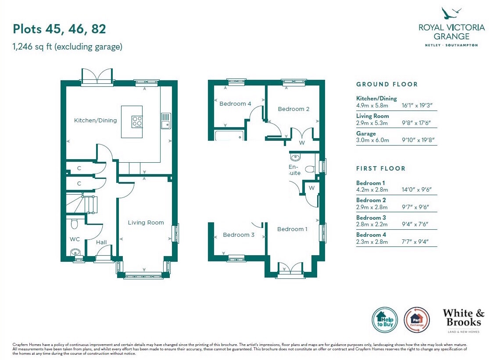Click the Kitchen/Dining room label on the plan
click(x=95, y=120)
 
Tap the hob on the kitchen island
click(x=137, y=121)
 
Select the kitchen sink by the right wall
click(x=166, y=121)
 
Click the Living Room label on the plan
click(x=146, y=222)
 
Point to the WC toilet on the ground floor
click(x=75, y=224)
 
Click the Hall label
click(x=101, y=242)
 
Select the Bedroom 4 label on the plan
click(x=235, y=104)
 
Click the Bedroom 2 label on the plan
click(x=294, y=109)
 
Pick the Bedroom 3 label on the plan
click(x=239, y=235)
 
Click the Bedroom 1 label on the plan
click(x=292, y=229)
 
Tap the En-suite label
click(x=294, y=170)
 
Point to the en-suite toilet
click(x=310, y=169)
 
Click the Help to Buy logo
click(x=385, y=320)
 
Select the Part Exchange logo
click(x=417, y=320)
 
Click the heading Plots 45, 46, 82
click(x=59, y=29)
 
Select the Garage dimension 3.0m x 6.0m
click(x=372, y=140)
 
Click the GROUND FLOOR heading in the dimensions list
click(x=387, y=84)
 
